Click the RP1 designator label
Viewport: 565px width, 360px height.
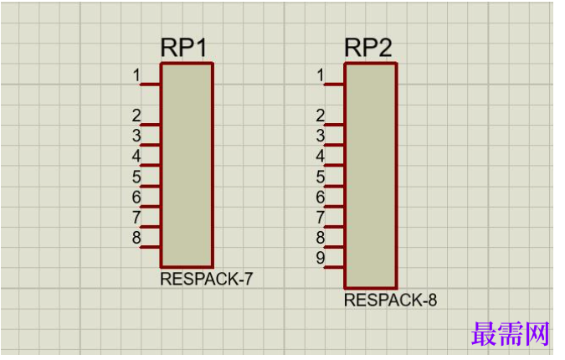pyautogui.click(x=184, y=47)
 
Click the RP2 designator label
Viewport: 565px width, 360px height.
pyautogui.click(x=368, y=47)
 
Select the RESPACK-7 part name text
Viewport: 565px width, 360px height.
pyautogui.click(x=207, y=279)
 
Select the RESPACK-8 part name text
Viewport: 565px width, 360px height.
pyautogui.click(x=391, y=300)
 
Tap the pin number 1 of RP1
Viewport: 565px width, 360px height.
pyautogui.click(x=136, y=75)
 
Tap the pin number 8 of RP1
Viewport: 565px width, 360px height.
pyautogui.click(x=136, y=238)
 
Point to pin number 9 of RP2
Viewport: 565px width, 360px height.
pyautogui.click(x=321, y=258)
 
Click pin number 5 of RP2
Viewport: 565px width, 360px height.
pyautogui.click(x=321, y=177)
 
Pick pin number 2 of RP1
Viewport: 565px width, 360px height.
pyautogui.click(x=136, y=116)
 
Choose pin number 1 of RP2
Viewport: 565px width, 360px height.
pyautogui.click(x=321, y=75)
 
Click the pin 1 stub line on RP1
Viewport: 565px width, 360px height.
pyautogui.click(x=150, y=85)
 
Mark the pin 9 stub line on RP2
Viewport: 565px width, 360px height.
pyautogui.click(x=334, y=268)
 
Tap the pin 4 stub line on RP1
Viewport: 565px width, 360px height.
pyautogui.click(x=150, y=166)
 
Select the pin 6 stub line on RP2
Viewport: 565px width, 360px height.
pyautogui.click(x=334, y=207)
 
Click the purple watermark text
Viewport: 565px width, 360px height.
pyautogui.click(x=511, y=333)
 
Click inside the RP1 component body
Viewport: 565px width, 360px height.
pyautogui.click(x=187, y=166)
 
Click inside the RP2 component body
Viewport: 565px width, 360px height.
pyautogui.click(x=371, y=176)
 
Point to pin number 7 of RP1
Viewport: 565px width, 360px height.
pyautogui.click(x=136, y=218)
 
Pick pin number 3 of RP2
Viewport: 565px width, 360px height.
pyautogui.click(x=321, y=136)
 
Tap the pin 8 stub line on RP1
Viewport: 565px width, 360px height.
pyautogui.click(x=150, y=247)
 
